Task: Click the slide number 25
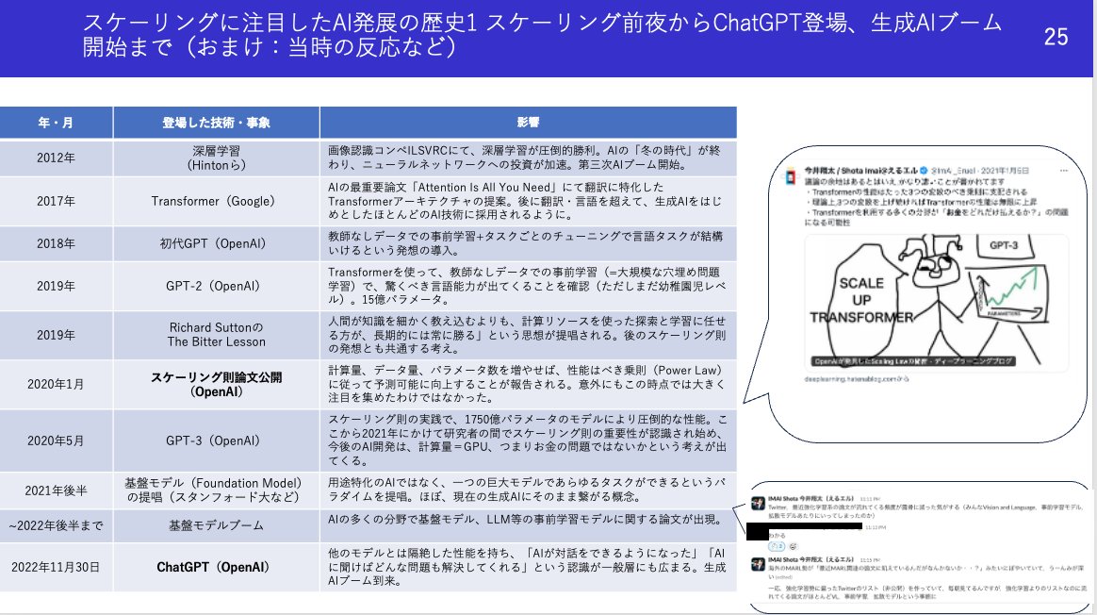(x=1056, y=38)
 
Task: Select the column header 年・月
(x=57, y=123)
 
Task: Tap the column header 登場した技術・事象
(x=216, y=123)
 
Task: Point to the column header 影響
(x=528, y=123)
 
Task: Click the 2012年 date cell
(x=57, y=158)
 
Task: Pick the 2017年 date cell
(x=57, y=201)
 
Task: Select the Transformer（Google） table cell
(x=216, y=201)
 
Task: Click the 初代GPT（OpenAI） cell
(x=216, y=243)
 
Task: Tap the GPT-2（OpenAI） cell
(x=216, y=286)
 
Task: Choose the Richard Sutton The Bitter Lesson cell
(x=216, y=334)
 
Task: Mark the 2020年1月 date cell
(x=57, y=384)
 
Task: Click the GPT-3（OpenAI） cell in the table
(x=216, y=440)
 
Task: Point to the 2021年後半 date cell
(x=57, y=490)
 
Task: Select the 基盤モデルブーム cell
(x=216, y=524)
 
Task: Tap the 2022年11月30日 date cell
(x=57, y=567)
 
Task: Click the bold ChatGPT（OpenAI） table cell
(x=216, y=567)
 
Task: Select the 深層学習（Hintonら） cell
(x=216, y=158)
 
